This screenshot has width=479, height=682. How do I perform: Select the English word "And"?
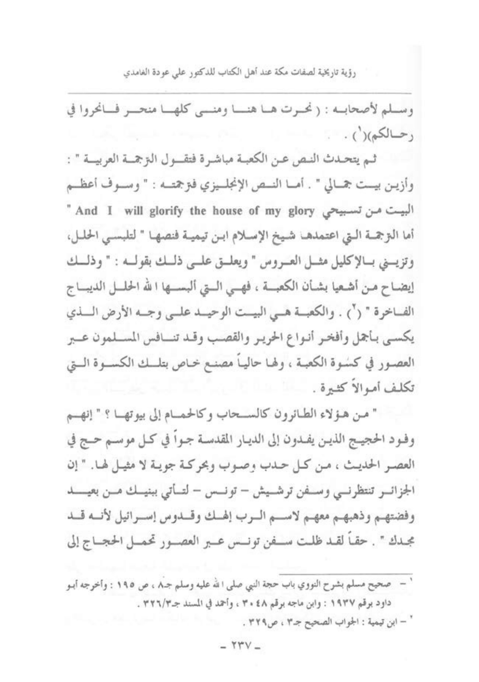(87, 211)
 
